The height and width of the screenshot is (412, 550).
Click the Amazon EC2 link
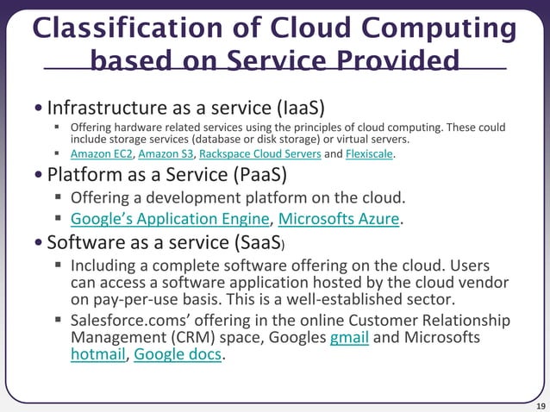101,154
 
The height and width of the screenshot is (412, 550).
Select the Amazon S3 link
166,154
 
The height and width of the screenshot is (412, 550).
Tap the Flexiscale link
370,154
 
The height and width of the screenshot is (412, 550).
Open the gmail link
349,337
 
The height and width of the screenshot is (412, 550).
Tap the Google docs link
178,353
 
